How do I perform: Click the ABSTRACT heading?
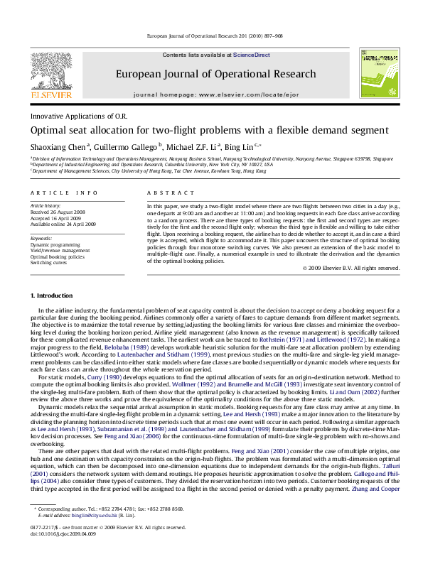tap(160, 192)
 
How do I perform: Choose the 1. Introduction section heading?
tap(49, 293)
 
